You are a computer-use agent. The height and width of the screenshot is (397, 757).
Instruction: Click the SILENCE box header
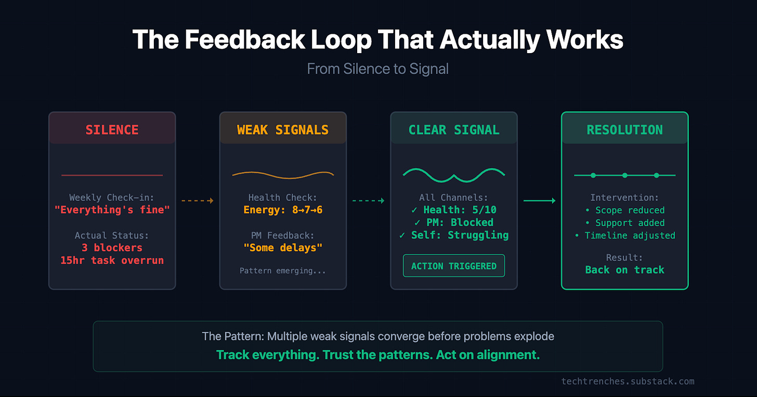(112, 130)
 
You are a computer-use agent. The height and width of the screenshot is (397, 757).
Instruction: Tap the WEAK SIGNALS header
(283, 130)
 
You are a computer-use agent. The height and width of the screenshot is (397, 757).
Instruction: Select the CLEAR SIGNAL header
(454, 130)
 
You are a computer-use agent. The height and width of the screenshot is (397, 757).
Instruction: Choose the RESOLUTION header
(624, 130)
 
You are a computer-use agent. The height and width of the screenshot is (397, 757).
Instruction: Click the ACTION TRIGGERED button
(454, 266)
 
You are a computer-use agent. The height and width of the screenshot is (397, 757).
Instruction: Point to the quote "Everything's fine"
(112, 210)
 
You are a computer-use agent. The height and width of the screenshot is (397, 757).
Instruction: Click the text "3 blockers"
(112, 248)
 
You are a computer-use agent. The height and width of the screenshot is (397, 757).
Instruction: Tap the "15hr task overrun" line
(112, 260)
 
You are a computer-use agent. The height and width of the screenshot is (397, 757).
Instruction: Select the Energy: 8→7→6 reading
(283, 210)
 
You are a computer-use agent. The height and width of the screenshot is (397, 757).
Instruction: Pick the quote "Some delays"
(283, 248)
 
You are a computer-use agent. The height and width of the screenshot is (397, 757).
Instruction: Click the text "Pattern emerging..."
(283, 271)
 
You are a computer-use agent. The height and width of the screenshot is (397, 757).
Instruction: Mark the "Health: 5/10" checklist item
(454, 210)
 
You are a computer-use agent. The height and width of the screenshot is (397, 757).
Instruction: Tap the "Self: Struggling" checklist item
(454, 235)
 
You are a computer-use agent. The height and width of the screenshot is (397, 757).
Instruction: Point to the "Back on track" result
(624, 270)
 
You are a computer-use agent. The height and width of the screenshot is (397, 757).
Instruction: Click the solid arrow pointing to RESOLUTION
(539, 200)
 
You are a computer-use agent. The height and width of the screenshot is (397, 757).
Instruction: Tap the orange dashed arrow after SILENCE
(198, 200)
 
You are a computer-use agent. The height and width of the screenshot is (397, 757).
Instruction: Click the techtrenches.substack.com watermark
(628, 381)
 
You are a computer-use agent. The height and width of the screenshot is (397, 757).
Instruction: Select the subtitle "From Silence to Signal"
(378, 69)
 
